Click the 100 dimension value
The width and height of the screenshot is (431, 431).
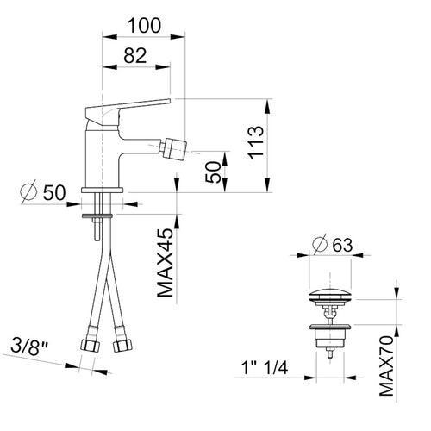[144, 26]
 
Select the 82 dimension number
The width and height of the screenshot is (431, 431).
[135, 55]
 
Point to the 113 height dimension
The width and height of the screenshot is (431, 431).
[256, 142]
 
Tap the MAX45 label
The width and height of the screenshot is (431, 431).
[166, 263]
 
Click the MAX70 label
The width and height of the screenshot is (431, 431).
[386, 365]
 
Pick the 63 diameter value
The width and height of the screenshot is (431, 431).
[342, 245]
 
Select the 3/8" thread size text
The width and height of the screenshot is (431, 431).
[29, 346]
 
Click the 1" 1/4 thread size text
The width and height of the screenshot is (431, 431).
[265, 367]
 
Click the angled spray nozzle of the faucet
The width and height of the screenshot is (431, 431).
[174, 149]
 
